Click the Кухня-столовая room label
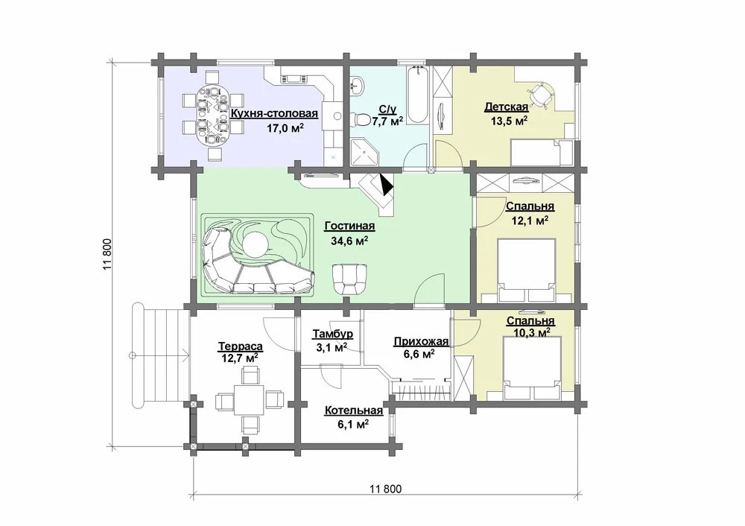(274, 114)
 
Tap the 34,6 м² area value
(349, 241)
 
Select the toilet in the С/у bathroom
(363, 118)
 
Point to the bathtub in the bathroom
(418, 95)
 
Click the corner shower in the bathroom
(365, 152)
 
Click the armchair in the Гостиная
(350, 278)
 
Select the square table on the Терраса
(248, 399)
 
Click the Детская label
(506, 107)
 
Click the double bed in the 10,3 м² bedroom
(533, 368)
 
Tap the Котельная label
(353, 411)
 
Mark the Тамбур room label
(332, 335)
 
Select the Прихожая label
(421, 342)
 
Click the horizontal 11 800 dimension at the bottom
(385, 489)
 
